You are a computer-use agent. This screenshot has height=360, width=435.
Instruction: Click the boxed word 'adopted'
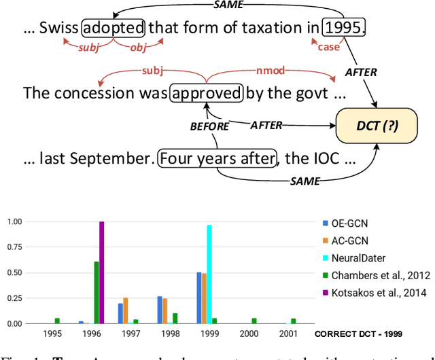114,28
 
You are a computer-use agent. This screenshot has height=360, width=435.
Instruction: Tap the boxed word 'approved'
207,93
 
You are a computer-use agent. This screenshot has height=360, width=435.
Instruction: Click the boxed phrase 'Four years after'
217,160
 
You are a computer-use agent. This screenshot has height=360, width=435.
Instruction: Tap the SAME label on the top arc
226,5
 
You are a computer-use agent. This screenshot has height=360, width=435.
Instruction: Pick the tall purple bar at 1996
102,272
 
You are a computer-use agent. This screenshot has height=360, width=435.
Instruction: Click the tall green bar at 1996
97,292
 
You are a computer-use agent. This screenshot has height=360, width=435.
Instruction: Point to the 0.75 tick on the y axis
14,247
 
